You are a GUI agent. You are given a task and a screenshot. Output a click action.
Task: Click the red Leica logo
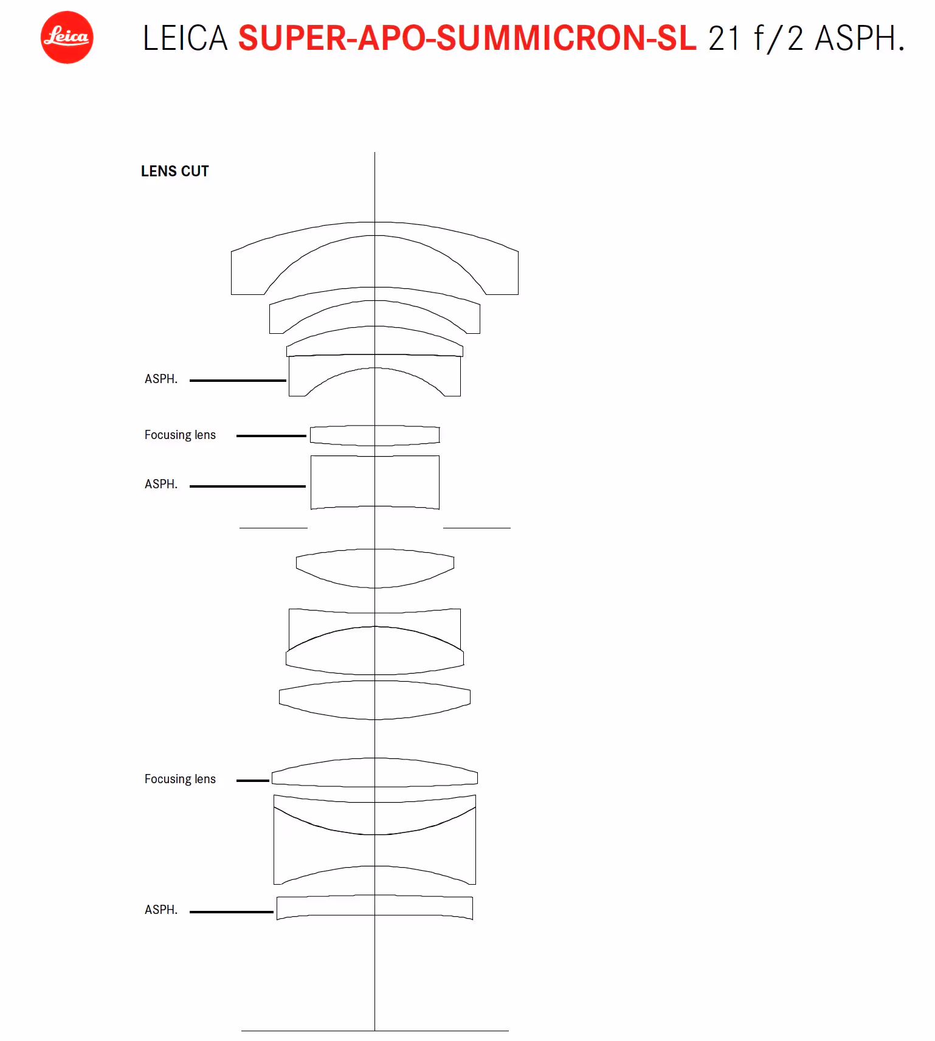click(x=67, y=37)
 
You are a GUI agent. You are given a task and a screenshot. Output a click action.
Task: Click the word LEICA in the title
click(x=185, y=38)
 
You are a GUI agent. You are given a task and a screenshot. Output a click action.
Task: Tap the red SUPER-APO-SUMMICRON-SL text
click(x=467, y=38)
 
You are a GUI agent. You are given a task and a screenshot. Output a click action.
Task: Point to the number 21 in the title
click(x=724, y=38)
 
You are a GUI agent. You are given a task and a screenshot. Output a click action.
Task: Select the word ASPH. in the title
click(x=860, y=38)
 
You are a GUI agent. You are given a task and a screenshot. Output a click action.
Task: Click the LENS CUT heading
click(x=175, y=171)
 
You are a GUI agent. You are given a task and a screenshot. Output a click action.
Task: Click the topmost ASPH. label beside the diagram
click(x=161, y=379)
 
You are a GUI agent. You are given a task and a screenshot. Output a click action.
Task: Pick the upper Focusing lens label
click(x=180, y=435)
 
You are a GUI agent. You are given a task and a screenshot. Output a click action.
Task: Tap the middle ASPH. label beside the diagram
click(x=161, y=484)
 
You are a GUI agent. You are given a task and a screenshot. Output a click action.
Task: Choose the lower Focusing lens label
click(x=180, y=779)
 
